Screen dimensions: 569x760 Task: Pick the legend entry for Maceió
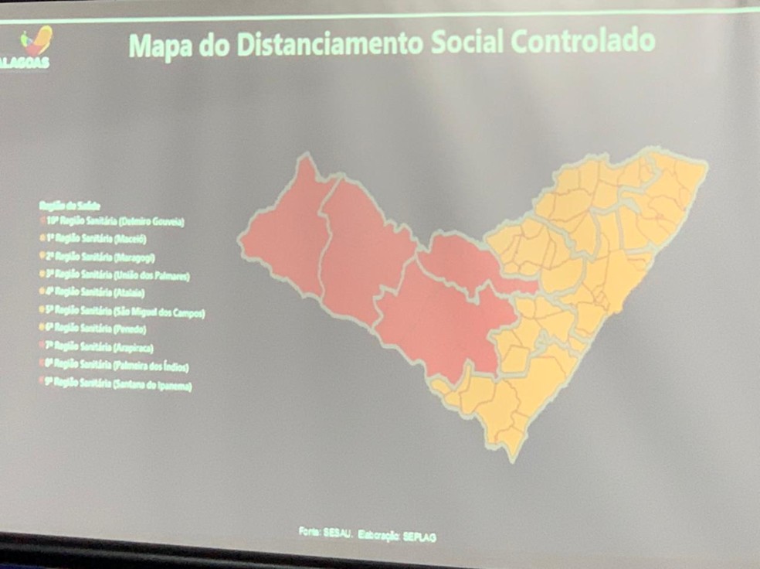click(93, 240)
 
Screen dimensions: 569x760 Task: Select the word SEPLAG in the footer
click(419, 537)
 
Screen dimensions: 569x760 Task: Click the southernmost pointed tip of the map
click(512, 456)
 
